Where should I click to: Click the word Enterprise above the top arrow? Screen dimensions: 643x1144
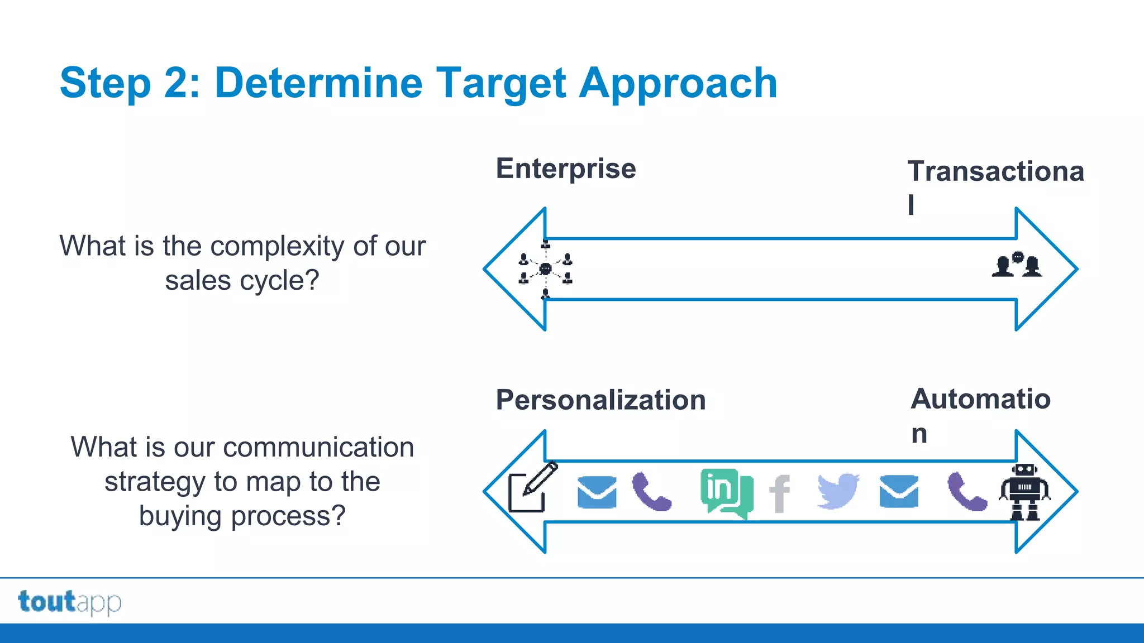pos(565,169)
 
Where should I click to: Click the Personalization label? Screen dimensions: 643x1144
pos(600,400)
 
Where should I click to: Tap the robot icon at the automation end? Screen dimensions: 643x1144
pos(1024,492)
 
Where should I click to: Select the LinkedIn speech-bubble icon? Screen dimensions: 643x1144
pos(726,492)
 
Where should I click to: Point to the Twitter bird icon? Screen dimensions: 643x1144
pos(838,491)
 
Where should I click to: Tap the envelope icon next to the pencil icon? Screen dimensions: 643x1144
pos(597,492)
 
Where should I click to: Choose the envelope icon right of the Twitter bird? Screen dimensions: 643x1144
pos(898,492)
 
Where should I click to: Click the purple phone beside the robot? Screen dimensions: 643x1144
pos(967,492)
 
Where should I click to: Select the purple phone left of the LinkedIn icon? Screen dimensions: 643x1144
pos(651,492)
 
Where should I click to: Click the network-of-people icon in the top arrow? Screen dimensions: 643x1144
pos(545,269)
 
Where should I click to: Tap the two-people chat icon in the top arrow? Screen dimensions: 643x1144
pos(1017,265)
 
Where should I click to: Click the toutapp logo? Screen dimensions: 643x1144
pos(69,602)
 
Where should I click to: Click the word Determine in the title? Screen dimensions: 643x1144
pos(318,83)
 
